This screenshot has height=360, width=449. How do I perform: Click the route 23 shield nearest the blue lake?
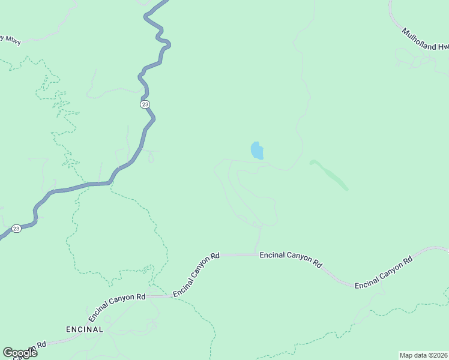[x=145, y=104]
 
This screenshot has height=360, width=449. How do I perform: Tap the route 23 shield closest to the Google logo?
[x=16, y=229]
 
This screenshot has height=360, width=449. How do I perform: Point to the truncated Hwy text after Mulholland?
[x=443, y=47]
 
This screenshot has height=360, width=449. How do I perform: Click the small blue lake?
[x=257, y=151]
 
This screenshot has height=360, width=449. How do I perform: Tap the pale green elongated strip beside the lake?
[x=329, y=175]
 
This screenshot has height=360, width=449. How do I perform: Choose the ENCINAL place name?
[x=84, y=329]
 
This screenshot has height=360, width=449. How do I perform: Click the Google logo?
[x=20, y=353]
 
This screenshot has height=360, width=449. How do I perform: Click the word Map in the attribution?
[x=407, y=355]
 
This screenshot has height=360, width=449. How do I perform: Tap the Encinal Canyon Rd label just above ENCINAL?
[x=117, y=305]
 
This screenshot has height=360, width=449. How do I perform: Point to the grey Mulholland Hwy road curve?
[x=394, y=18]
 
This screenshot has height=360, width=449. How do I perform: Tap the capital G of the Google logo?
[x=8, y=353]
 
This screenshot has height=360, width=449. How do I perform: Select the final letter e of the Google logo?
[x=34, y=353]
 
